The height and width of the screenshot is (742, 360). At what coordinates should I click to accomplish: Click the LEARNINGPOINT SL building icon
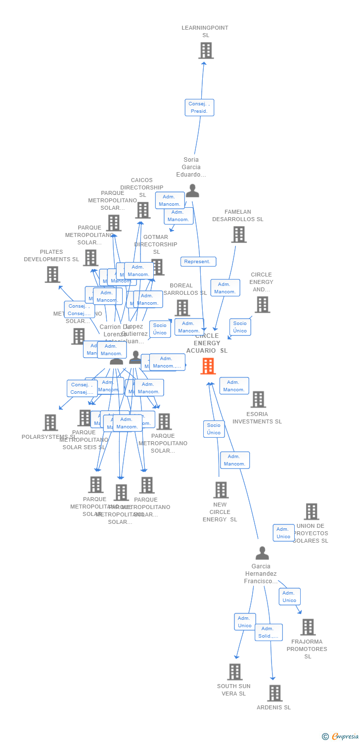(x=206, y=50)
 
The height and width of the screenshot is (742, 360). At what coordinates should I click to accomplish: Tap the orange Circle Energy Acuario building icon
(x=208, y=366)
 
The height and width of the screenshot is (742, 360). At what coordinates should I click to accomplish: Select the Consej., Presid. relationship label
(x=199, y=108)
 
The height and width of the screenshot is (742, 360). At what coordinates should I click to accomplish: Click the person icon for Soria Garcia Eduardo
(x=192, y=190)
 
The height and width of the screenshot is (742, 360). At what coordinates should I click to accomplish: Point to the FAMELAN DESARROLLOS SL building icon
(x=239, y=234)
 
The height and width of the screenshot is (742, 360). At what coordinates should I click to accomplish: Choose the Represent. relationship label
(x=198, y=262)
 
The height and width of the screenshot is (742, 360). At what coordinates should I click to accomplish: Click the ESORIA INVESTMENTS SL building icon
(x=258, y=399)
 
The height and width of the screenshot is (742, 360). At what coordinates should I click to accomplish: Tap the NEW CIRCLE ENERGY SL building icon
(x=221, y=490)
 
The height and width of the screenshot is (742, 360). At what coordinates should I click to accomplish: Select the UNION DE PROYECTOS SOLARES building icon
(x=311, y=511)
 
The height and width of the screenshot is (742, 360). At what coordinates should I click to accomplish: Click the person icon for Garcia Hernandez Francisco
(x=262, y=553)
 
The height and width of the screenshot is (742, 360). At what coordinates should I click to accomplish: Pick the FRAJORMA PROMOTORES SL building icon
(x=308, y=627)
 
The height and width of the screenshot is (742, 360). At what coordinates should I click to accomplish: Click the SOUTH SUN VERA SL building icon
(x=235, y=672)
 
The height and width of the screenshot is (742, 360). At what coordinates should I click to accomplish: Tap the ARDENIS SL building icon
(x=274, y=693)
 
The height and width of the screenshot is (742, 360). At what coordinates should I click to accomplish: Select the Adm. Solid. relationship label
(x=269, y=632)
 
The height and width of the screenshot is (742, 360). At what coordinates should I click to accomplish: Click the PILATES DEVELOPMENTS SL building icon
(x=52, y=275)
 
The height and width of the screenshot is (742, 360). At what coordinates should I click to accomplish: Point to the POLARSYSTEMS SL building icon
(x=50, y=422)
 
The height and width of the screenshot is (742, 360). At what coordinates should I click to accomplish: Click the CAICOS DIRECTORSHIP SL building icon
(x=142, y=210)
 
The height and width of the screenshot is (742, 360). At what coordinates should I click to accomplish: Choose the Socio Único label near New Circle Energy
(x=214, y=429)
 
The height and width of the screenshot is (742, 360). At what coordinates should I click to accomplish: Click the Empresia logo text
(x=345, y=737)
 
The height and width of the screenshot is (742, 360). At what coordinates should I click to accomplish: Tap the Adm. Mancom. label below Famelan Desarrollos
(x=225, y=288)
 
